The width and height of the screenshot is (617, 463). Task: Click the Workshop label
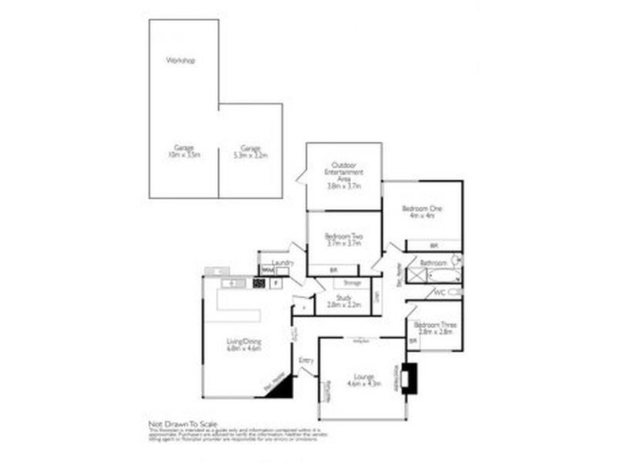(x=180, y=60)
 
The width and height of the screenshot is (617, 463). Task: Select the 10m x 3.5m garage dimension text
(x=184, y=154)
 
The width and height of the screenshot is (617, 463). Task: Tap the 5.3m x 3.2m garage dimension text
(x=250, y=154)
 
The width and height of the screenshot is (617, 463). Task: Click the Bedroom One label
(x=422, y=208)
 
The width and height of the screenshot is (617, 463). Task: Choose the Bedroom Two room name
(x=343, y=235)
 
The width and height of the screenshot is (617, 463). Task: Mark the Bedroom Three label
(x=437, y=325)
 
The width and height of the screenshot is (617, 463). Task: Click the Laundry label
(x=282, y=263)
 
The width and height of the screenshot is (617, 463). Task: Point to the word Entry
(x=306, y=360)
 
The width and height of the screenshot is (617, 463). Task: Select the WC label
(x=440, y=292)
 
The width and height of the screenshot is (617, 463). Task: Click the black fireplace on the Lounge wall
(x=411, y=377)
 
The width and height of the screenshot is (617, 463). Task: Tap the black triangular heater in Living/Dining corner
(x=280, y=387)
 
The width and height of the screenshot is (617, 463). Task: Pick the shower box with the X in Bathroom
(x=414, y=275)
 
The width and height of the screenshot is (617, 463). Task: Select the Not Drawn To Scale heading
(x=183, y=424)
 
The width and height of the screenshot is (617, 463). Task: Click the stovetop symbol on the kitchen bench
(x=259, y=283)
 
